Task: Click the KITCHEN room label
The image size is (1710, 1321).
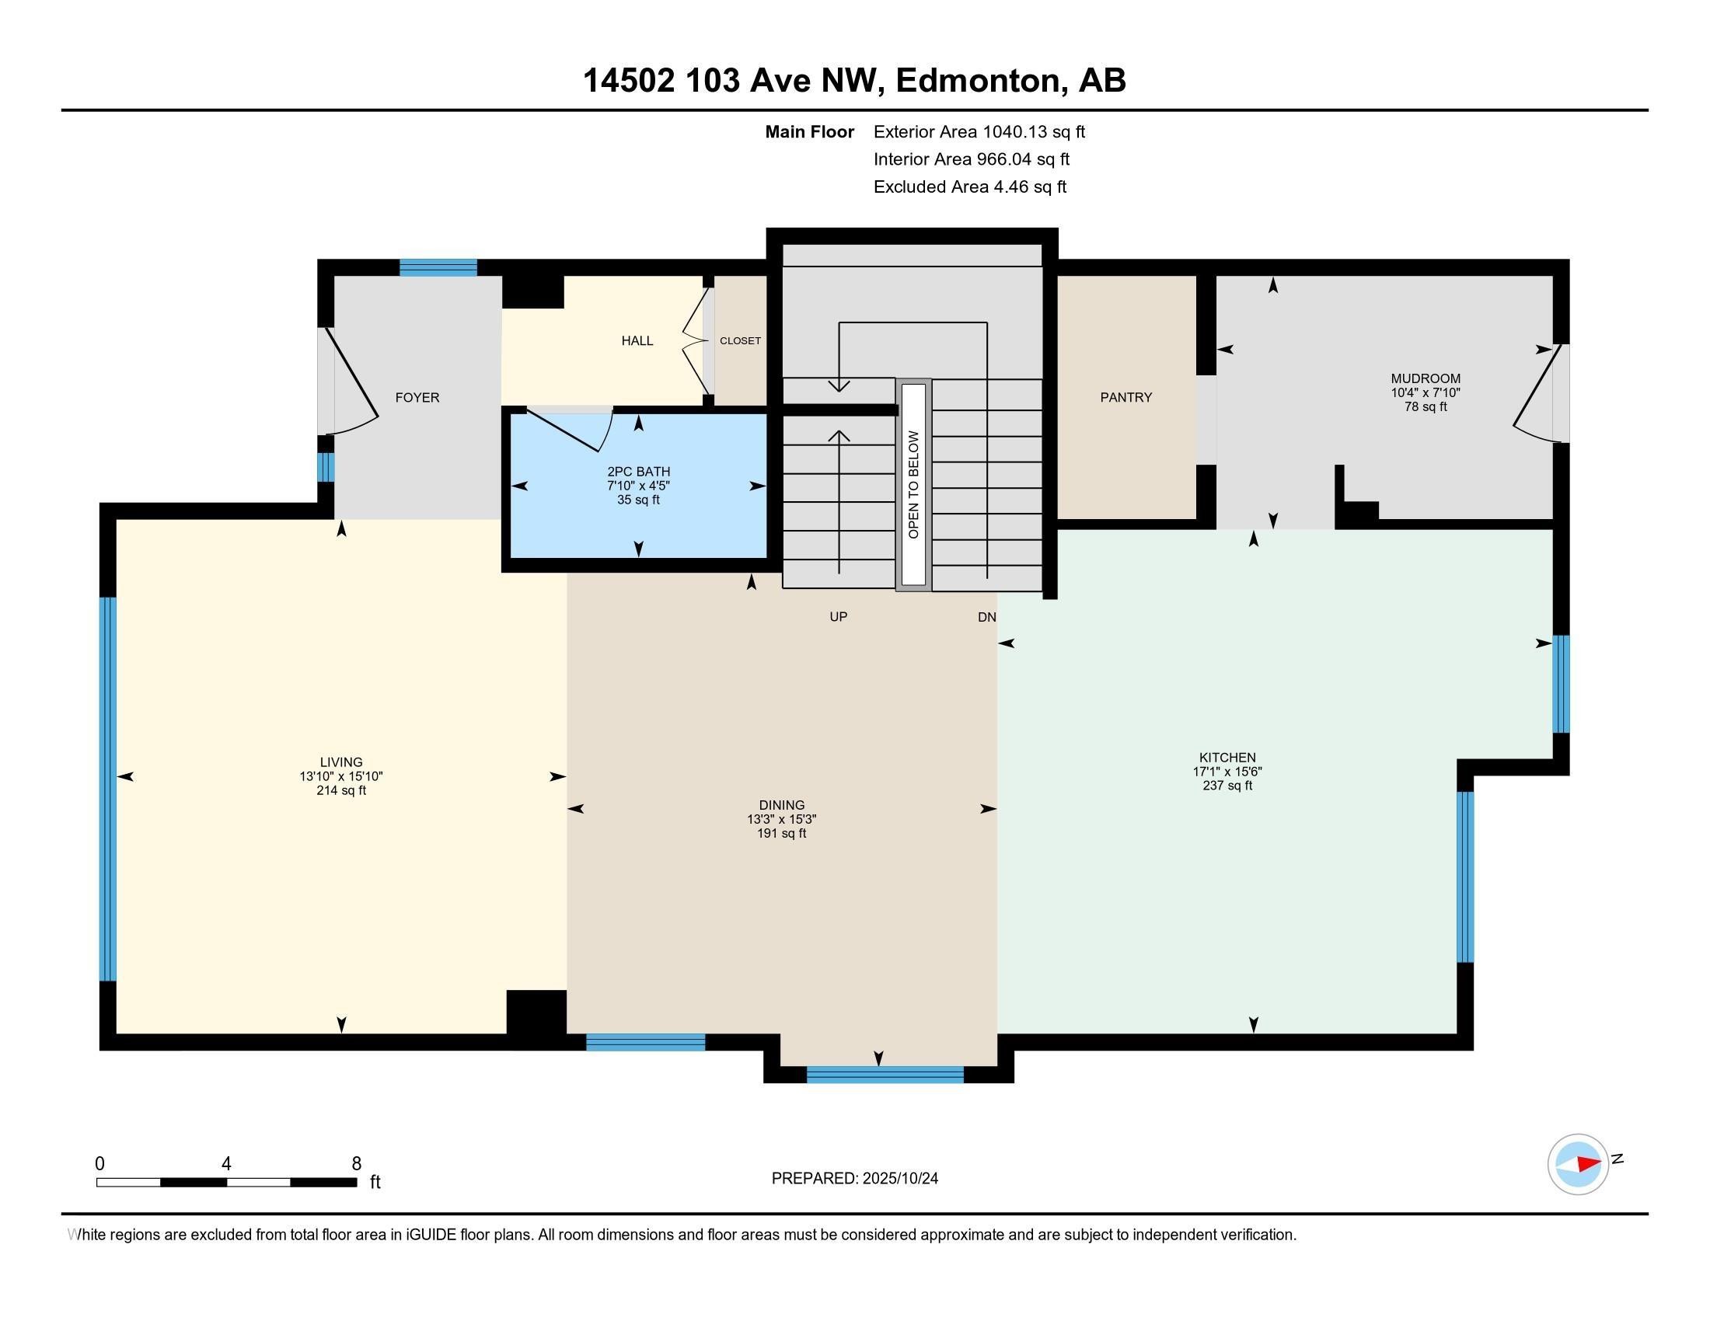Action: pyautogui.click(x=1227, y=757)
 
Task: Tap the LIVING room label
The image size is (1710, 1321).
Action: pyautogui.click(x=340, y=762)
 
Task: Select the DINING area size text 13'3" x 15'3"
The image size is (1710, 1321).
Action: pyautogui.click(x=781, y=819)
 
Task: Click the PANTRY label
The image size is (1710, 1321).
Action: pyautogui.click(x=1126, y=398)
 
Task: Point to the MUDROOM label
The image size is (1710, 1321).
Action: pyautogui.click(x=1425, y=378)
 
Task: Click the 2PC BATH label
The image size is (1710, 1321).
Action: pyautogui.click(x=638, y=472)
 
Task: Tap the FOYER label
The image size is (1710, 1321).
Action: pyautogui.click(x=417, y=398)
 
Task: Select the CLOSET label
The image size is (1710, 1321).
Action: pyautogui.click(x=740, y=341)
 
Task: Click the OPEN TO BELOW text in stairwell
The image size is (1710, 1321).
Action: pyautogui.click(x=913, y=483)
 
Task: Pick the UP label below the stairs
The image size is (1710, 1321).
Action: pyautogui.click(x=838, y=617)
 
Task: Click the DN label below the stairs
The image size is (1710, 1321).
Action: pyautogui.click(x=986, y=618)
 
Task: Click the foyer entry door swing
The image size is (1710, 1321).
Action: pyautogui.click(x=352, y=383)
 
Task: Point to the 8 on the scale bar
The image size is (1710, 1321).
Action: pyautogui.click(x=356, y=1164)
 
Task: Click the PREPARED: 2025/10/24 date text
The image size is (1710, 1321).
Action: pyautogui.click(x=854, y=1179)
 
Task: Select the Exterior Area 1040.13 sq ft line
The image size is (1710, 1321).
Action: pyautogui.click(x=979, y=132)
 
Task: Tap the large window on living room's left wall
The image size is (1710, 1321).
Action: pyautogui.click(x=108, y=788)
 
